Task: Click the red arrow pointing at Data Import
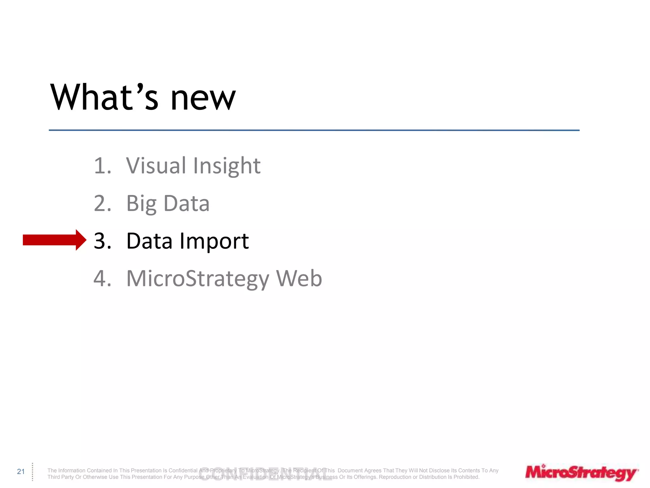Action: [54, 240]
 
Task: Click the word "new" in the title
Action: [203, 98]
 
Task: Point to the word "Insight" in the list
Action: [227, 166]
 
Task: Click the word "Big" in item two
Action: [141, 204]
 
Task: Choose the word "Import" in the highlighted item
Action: [214, 241]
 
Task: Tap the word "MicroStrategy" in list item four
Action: [198, 279]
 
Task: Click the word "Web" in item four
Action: [299, 278]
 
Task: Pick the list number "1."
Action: [103, 166]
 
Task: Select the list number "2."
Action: [103, 203]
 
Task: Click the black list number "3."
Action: [103, 241]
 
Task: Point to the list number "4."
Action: [103, 278]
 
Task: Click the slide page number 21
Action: [21, 471]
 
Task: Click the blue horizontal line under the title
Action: [314, 130]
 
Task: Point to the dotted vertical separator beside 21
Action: [32, 472]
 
